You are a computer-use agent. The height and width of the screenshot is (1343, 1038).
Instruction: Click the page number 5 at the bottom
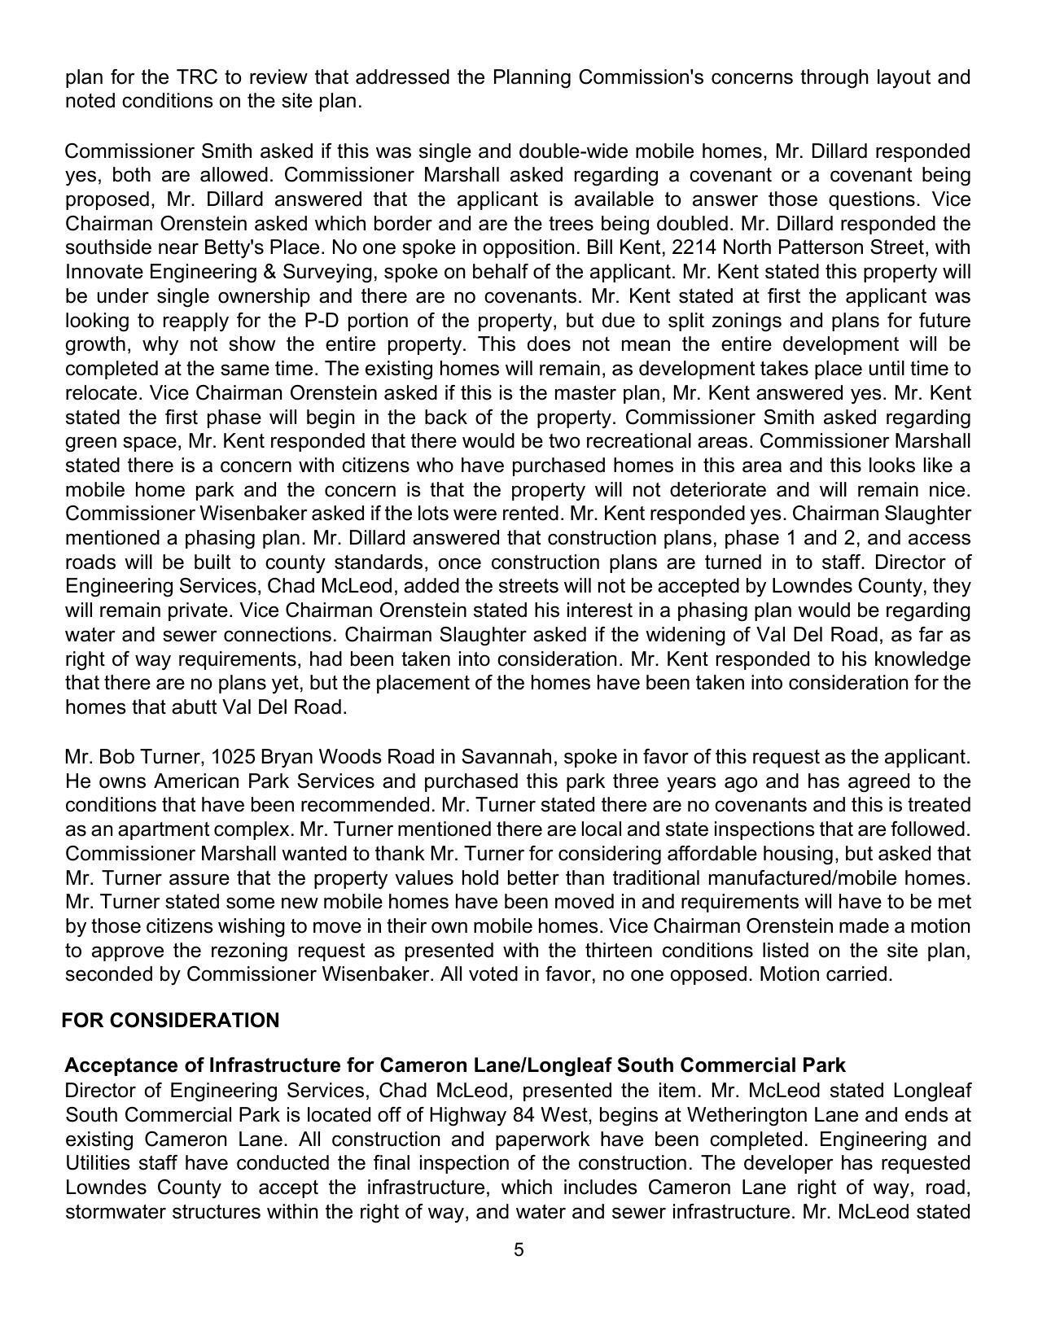coord(519,1250)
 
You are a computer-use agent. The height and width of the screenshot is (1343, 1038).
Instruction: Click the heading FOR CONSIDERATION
coord(171,1021)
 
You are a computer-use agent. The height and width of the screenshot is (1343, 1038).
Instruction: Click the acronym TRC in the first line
coord(195,77)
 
